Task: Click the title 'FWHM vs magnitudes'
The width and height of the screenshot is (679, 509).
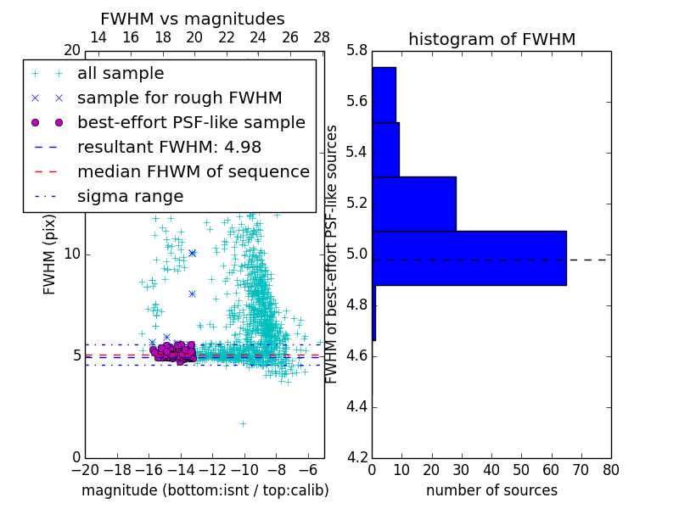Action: pos(193,19)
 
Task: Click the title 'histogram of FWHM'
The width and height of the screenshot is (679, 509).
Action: pos(491,39)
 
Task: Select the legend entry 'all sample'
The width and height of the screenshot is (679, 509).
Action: pos(121,74)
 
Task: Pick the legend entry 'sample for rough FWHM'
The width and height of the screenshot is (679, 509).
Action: pos(179,98)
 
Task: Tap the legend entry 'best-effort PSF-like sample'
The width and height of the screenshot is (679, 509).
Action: pos(191,123)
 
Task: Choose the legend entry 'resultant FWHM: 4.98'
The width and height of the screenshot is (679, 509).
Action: pos(169,147)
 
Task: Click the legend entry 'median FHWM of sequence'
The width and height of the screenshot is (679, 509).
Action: pos(193,171)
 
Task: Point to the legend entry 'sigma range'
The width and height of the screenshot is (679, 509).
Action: pos(130,196)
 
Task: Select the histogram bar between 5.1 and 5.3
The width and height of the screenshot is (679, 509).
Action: pos(414,204)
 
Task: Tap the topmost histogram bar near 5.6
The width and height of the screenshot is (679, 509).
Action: pos(384,94)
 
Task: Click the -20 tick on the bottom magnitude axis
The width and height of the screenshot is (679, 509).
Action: pos(85,469)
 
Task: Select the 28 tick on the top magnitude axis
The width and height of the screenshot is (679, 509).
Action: pos(322,38)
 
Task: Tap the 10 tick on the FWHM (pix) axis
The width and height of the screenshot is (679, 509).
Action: pos(73,254)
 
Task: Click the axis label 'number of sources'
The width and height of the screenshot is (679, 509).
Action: pos(491,490)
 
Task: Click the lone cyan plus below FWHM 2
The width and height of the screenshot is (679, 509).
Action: pos(243,423)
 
